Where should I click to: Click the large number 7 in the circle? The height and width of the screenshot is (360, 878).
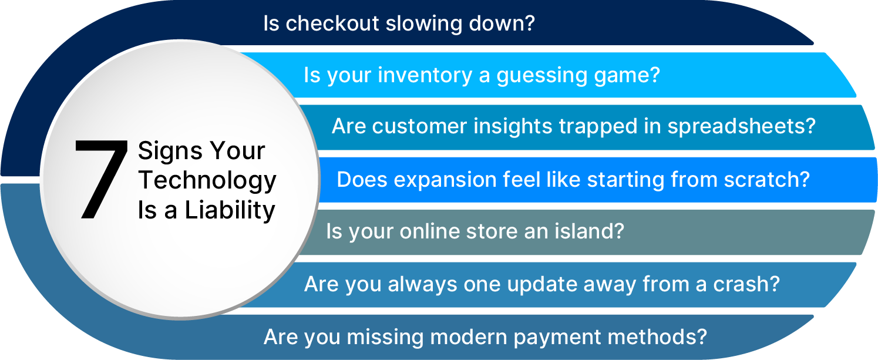click(x=101, y=179)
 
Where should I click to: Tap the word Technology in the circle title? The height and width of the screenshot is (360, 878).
click(x=207, y=180)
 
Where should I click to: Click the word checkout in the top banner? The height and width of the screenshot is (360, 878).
click(x=332, y=23)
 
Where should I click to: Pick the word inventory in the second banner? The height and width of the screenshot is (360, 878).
click(x=425, y=75)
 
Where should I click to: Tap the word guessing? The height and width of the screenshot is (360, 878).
click(x=542, y=75)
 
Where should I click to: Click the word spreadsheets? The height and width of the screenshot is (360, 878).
click(x=741, y=127)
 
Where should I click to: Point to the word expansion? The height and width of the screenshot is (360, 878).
click(x=445, y=180)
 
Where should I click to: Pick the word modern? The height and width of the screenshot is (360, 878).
click(x=468, y=337)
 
